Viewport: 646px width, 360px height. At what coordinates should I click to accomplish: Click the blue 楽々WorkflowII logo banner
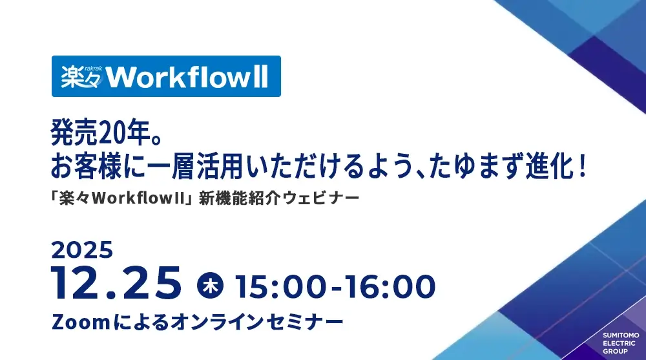coord(166,76)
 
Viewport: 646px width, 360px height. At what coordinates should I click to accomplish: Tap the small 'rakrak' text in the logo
coord(92,68)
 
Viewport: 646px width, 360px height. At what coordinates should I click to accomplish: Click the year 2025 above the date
coord(82,250)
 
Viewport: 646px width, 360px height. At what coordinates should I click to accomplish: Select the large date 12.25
coord(116,283)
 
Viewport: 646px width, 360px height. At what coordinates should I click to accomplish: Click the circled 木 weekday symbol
coord(210,286)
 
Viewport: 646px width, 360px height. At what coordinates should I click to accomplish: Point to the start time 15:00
coord(282,286)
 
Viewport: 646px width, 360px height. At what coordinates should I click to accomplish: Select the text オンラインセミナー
coord(256,322)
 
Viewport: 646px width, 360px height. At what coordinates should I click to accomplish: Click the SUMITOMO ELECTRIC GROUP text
coord(621,343)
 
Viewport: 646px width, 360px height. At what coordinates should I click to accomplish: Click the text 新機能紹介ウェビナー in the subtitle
coord(279,199)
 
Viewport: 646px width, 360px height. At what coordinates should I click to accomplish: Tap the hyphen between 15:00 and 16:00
coord(336,288)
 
